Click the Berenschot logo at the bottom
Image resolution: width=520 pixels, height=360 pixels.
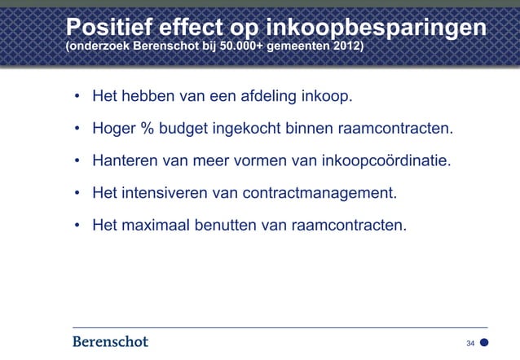[106, 341]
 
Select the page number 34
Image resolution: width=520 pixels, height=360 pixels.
[470, 344]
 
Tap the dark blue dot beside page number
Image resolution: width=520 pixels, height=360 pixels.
[484, 344]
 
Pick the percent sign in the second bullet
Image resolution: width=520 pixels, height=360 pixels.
[145, 130]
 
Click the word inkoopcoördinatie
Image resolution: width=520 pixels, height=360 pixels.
[384, 161]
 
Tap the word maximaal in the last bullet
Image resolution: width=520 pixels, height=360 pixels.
[157, 225]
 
